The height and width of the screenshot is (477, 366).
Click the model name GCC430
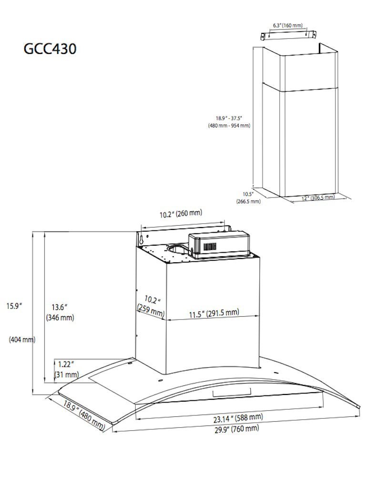[x=50, y=49]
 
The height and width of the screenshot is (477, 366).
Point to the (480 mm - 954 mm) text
[x=229, y=126]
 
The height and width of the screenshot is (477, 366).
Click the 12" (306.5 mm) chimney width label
[x=318, y=197]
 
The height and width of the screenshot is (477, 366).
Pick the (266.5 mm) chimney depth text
[x=248, y=201]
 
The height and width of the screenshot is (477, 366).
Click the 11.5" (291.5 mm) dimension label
[x=213, y=313]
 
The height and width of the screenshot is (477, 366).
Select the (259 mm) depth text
[x=150, y=314]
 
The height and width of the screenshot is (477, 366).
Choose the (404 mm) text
[x=22, y=340]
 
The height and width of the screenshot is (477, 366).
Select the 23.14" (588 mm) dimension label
[x=238, y=418]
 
